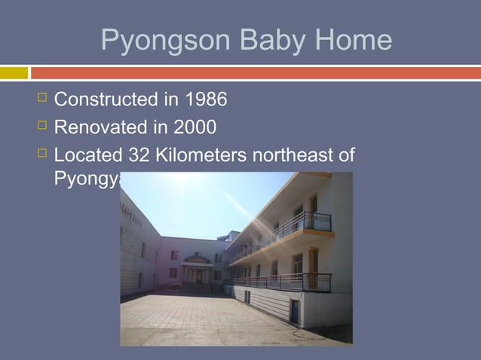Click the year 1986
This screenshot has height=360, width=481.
[x=204, y=99]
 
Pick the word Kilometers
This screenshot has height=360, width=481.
[x=204, y=155]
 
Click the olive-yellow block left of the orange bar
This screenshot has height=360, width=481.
[x=14, y=73]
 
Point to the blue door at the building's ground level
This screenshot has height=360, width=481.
[x=294, y=311]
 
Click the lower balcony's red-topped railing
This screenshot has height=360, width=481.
[x=286, y=282]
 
